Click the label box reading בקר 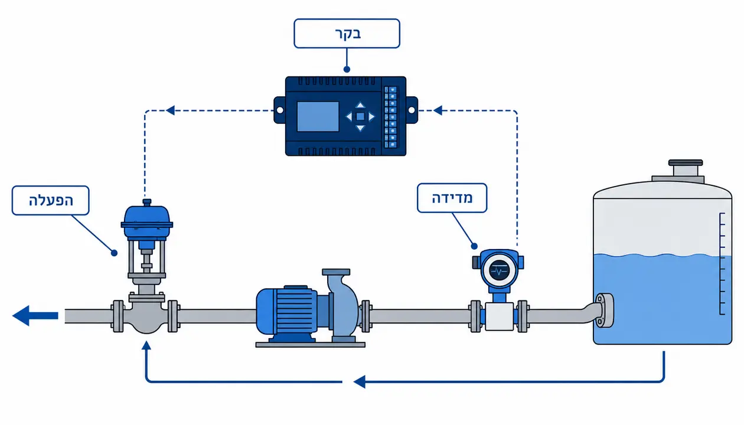coord(347,34)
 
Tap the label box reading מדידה coord(452,198)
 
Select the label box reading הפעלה coord(51,201)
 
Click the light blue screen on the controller coord(318,116)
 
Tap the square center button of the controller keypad coord(360,116)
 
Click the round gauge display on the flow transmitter coord(499,270)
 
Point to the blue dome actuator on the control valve coord(147,221)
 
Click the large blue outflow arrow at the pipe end coord(35,315)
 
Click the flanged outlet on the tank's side coord(604,310)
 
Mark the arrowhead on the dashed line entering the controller coord(438,110)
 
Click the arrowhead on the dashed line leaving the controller coord(171,110)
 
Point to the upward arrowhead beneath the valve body coord(146,345)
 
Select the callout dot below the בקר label coord(347,69)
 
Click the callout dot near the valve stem coord(115,253)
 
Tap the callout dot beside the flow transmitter coord(474,246)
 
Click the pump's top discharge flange coord(336,272)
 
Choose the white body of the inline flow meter coord(499,316)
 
